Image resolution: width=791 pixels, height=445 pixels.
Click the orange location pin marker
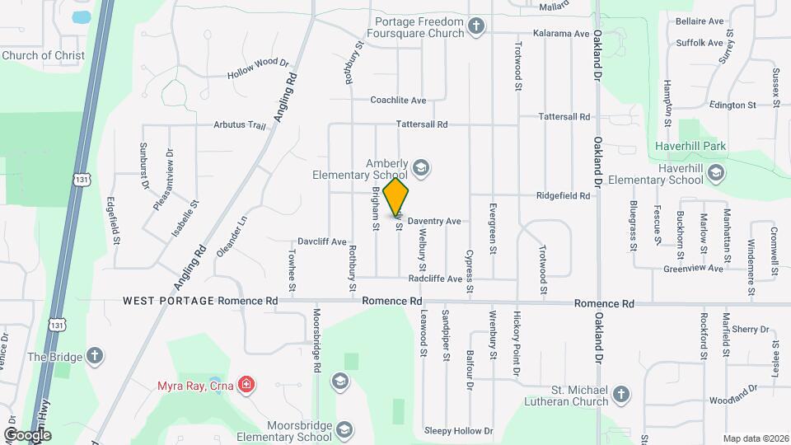point(396,196)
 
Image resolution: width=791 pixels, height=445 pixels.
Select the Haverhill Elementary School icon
point(716,172)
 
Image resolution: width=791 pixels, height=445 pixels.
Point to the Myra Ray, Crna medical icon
point(246,385)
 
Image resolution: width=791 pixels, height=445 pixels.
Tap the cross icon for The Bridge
point(95,357)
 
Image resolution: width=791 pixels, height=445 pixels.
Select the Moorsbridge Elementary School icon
point(344,429)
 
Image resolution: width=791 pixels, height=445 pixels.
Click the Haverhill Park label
point(690,147)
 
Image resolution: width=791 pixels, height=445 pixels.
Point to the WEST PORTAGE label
point(168,302)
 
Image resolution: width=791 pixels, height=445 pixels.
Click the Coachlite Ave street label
point(398,101)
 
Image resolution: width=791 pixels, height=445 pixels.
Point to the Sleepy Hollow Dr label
point(458,431)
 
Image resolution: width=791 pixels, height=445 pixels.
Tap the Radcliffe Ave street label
point(435,279)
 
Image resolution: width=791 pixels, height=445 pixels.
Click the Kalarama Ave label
point(561,34)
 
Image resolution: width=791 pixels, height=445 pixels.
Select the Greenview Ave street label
point(693,269)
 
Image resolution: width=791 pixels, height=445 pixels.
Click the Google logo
point(27,434)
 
